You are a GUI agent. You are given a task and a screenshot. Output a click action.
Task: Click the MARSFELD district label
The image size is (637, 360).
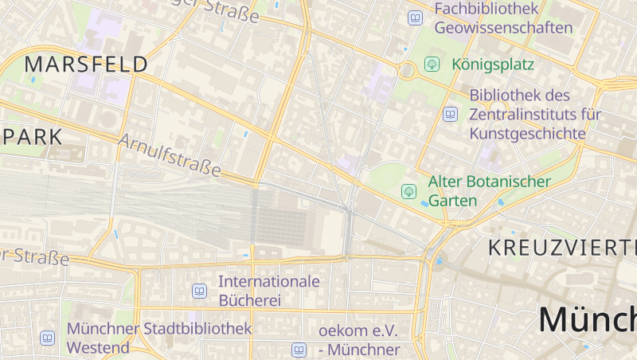click(87, 65)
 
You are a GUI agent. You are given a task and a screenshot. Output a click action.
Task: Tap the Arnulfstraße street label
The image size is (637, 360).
click(169, 155)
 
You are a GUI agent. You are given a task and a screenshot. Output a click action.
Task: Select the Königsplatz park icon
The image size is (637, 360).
click(432, 64)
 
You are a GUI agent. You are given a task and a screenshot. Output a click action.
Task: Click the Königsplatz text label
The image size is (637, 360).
click(492, 64)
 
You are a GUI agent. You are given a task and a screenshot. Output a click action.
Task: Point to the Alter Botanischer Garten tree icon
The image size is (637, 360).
click(409, 191)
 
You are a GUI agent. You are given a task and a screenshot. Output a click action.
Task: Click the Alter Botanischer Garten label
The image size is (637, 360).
click(489, 191)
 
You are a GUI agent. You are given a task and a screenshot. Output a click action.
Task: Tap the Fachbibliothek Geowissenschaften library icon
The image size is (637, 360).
click(415, 18)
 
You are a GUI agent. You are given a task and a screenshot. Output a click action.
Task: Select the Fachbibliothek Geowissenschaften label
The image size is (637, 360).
click(503, 18)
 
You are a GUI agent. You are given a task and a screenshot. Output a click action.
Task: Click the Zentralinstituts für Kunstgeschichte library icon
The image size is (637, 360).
click(451, 115)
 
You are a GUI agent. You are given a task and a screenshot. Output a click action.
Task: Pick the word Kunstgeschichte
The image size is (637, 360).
click(527, 133)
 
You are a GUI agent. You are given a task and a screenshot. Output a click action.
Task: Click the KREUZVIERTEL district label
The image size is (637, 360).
click(562, 247)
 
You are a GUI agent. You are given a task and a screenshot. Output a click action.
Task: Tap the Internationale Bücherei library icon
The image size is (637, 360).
click(200, 292)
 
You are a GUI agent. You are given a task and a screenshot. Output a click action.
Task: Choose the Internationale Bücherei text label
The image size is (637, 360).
click(268, 291)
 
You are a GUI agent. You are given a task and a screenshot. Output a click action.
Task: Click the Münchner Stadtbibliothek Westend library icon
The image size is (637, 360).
click(48, 338)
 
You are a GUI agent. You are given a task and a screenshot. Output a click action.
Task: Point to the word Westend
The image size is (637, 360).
click(99, 348)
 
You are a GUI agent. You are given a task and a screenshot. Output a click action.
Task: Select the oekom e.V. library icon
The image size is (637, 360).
click(299, 350)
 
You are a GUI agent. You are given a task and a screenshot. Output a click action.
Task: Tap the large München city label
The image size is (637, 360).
click(588, 319)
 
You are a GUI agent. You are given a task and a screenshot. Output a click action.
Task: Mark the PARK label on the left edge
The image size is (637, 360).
click(32, 136)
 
